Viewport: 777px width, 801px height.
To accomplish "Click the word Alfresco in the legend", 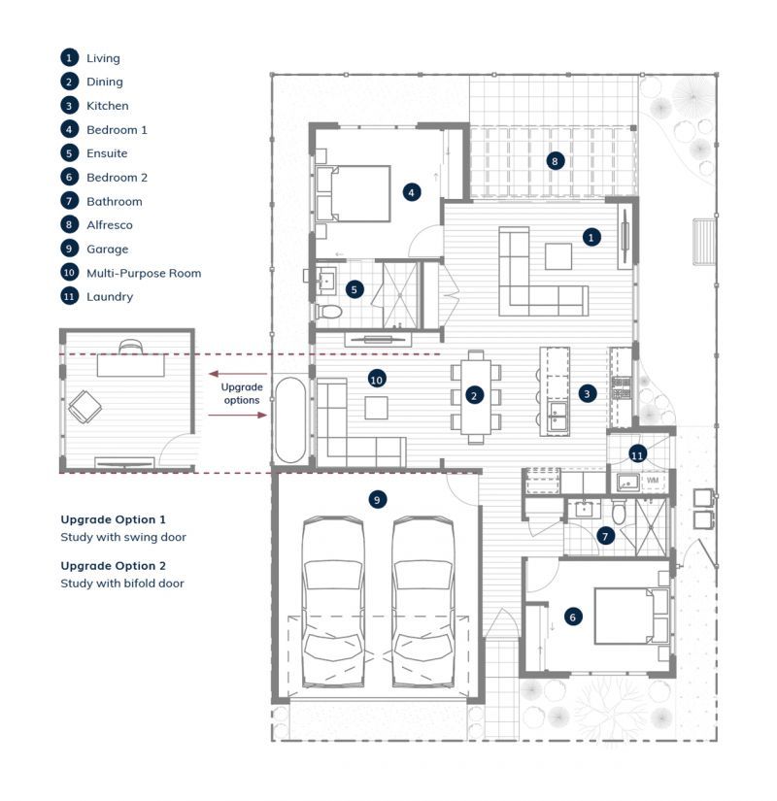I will tap(110, 225).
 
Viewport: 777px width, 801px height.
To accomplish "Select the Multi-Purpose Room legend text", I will tap(144, 273).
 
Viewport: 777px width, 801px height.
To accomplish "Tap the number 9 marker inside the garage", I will tap(378, 499).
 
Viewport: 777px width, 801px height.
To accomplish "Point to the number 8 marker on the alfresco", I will tap(555, 161).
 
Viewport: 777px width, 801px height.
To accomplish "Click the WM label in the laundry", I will tap(653, 480).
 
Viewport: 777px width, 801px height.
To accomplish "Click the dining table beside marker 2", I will tap(475, 396).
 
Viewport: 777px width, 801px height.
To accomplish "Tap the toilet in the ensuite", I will tap(330, 311).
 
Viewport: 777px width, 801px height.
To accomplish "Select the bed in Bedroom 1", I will tap(352, 193).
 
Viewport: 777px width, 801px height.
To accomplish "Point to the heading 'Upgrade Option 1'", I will tap(113, 519).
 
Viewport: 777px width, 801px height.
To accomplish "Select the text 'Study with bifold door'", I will tap(121, 584).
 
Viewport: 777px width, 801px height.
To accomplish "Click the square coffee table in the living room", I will tap(558, 255).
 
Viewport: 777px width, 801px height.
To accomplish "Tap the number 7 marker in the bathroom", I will tap(606, 535).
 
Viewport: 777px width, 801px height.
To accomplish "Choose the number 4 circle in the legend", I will tap(69, 129).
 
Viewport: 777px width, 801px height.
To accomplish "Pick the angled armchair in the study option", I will tap(85, 406).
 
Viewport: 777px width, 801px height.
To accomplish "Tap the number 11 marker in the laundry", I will tap(637, 453).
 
